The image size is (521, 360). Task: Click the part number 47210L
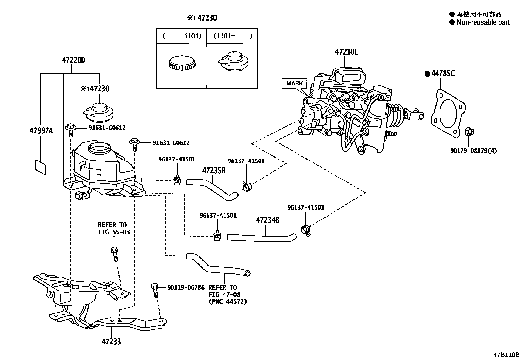(x=347, y=52)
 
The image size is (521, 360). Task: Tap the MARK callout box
(x=294, y=83)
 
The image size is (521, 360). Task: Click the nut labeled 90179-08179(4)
(x=469, y=132)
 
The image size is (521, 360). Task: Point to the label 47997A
(x=41, y=131)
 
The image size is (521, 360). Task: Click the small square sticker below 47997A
(x=41, y=167)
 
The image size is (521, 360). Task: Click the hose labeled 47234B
(x=262, y=238)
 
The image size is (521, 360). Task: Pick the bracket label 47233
(x=111, y=342)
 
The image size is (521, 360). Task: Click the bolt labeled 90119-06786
(x=155, y=290)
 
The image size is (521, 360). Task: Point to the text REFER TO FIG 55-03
(x=114, y=228)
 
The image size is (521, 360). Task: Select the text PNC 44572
(x=228, y=301)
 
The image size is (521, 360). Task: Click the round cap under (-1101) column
(x=182, y=63)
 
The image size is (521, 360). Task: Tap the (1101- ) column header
(x=232, y=36)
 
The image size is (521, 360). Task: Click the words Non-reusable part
(x=483, y=22)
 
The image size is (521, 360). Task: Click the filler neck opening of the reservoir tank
(x=100, y=149)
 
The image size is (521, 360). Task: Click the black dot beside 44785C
(x=427, y=74)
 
